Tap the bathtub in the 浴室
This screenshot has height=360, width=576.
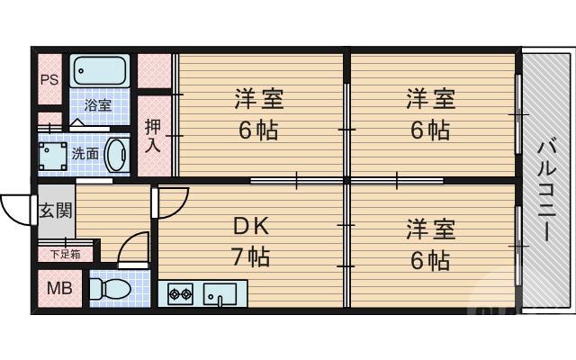[x=100, y=70]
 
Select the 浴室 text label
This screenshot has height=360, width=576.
[x=98, y=104]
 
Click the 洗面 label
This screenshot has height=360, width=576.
[x=85, y=153]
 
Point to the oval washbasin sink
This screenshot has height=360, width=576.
[x=116, y=153]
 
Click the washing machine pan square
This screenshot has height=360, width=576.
[x=52, y=153]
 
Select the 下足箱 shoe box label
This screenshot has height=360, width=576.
[x=65, y=254]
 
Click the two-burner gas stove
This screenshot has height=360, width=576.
[x=180, y=293]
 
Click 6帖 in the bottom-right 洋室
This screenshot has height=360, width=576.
[x=430, y=260]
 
